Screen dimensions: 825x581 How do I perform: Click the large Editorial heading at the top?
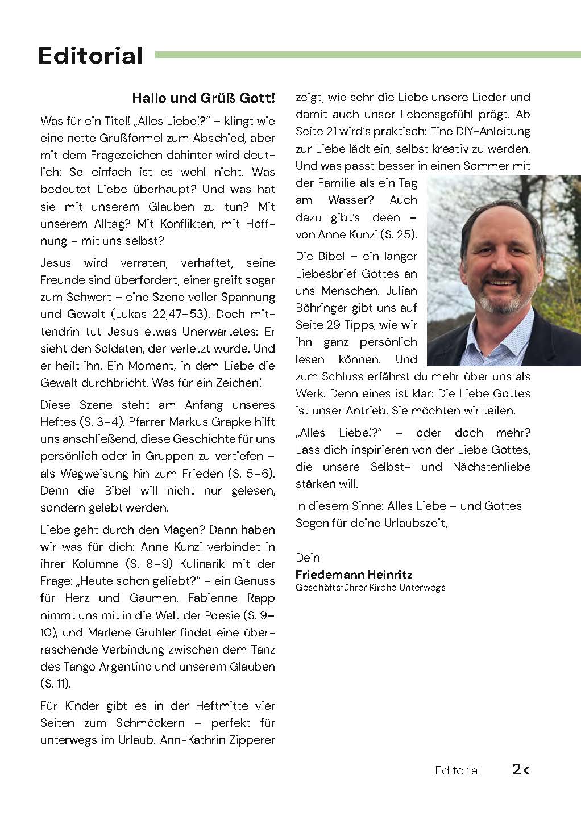(x=90, y=56)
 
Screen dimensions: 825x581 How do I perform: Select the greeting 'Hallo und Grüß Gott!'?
(x=203, y=98)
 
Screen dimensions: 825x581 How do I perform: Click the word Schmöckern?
(x=151, y=723)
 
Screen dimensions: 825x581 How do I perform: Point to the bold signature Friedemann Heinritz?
(x=354, y=575)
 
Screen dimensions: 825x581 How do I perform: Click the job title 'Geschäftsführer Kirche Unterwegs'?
(x=370, y=588)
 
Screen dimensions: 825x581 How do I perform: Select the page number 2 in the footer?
(x=516, y=770)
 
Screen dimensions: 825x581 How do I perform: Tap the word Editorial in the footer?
(x=457, y=770)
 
